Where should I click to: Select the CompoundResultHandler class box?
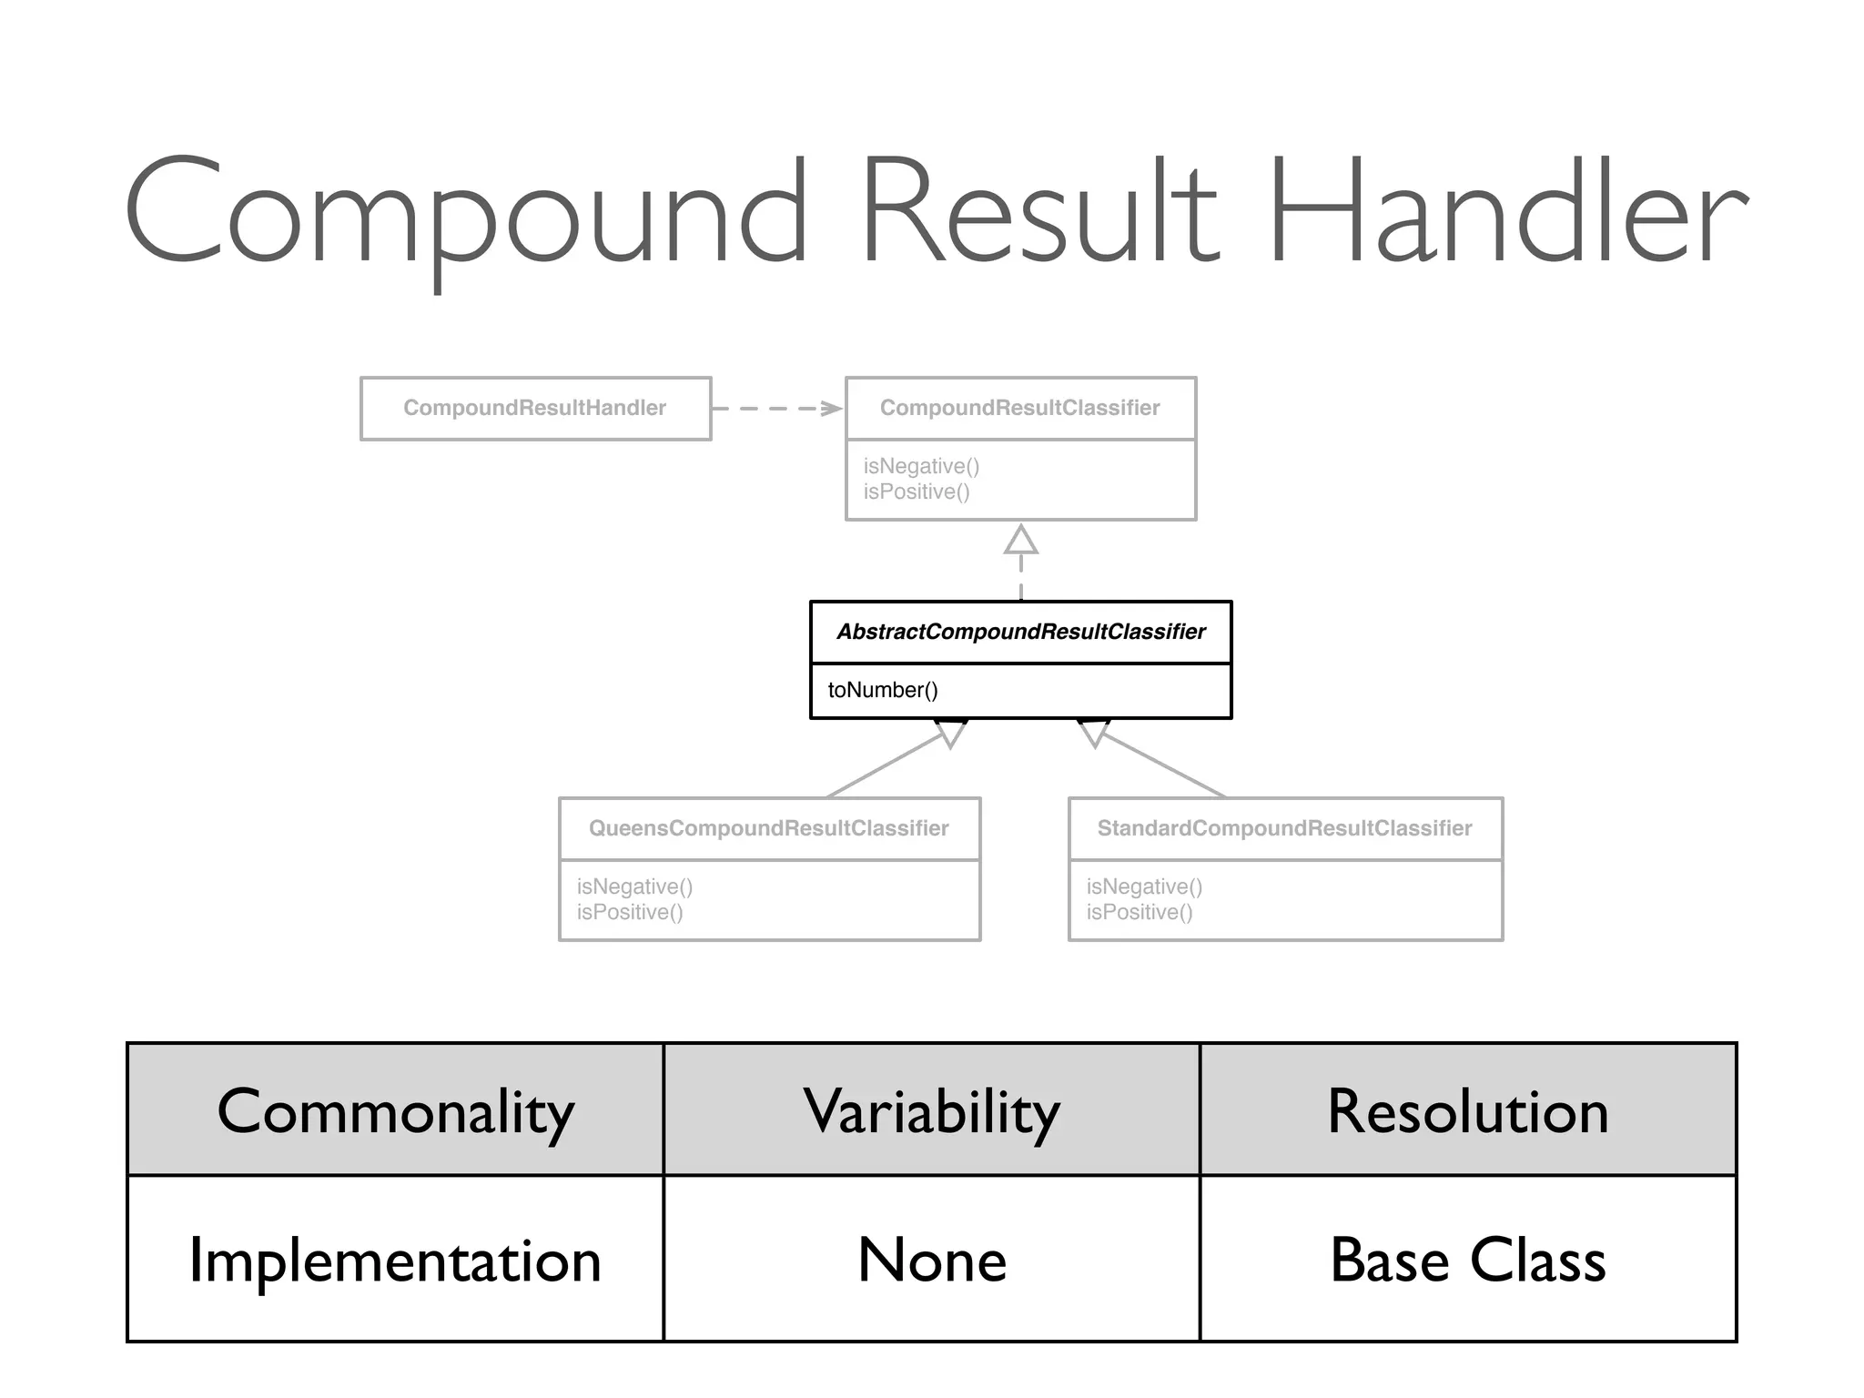535,409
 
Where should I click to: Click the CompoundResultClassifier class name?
1019,409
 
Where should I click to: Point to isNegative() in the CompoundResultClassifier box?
921,466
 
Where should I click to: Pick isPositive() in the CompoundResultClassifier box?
917,491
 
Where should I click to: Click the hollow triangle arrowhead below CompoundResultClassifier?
1020,541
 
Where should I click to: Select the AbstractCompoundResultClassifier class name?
1020,632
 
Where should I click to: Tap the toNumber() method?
882,690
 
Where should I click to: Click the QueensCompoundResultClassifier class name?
768,828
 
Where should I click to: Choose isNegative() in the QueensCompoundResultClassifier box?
634,886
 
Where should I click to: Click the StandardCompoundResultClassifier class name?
1284,828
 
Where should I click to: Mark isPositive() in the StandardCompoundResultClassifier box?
1139,912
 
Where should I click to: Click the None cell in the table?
931,1260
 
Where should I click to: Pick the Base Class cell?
1467,1260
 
